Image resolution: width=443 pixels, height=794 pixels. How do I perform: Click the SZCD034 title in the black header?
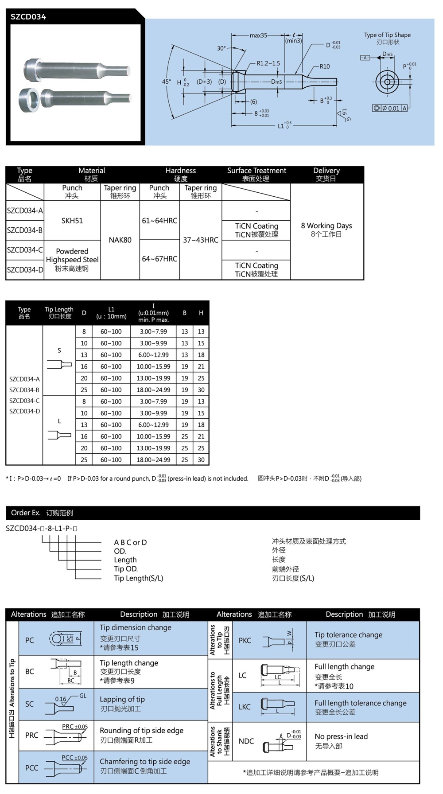pyautogui.click(x=28, y=17)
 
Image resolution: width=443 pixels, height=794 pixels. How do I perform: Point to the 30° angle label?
pyautogui.click(x=221, y=48)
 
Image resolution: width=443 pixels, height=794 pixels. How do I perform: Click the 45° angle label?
pyautogui.click(x=166, y=82)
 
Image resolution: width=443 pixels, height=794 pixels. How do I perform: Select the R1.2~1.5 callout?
pyautogui.click(x=268, y=63)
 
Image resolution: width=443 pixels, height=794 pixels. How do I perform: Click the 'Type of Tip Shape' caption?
pyautogui.click(x=387, y=35)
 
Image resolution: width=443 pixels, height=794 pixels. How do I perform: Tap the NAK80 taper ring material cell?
pyautogui.click(x=120, y=240)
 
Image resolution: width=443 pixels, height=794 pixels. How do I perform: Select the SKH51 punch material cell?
pyautogui.click(x=72, y=221)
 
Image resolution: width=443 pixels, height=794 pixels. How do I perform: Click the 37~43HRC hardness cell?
pyautogui.click(x=201, y=240)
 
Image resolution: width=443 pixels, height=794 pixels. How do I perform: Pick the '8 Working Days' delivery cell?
pyautogui.click(x=326, y=226)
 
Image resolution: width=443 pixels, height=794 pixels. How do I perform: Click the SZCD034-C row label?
pyautogui.click(x=25, y=250)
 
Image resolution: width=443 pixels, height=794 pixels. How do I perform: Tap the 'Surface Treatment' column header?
pyautogui.click(x=256, y=171)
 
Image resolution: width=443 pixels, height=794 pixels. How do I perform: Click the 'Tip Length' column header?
pyautogui.click(x=59, y=310)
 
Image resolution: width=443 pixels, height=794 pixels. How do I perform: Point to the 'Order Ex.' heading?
pyautogui.click(x=26, y=513)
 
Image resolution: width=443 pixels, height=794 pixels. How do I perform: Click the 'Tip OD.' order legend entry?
pyautogui.click(x=126, y=569)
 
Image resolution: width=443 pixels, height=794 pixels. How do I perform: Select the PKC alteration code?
pyautogui.click(x=245, y=640)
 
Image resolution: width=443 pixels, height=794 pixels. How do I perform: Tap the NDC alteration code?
pyautogui.click(x=246, y=741)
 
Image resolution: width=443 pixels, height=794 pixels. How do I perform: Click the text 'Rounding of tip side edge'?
pyautogui.click(x=141, y=731)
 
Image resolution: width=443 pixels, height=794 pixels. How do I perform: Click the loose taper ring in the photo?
pyautogui.click(x=30, y=101)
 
